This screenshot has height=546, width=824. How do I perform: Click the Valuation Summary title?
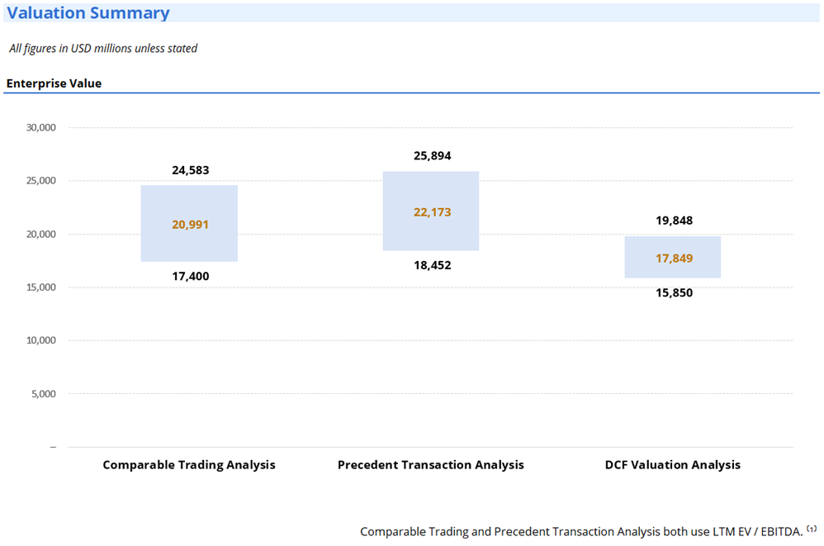[x=89, y=13]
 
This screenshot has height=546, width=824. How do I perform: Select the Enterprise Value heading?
[x=54, y=83]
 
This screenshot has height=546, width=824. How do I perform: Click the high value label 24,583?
[x=191, y=171]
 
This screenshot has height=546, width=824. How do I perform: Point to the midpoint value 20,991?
[x=191, y=225]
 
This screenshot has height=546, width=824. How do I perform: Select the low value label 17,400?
[x=191, y=277]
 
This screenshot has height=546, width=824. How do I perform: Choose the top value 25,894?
[x=433, y=156]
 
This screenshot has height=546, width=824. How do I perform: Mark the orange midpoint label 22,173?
[x=433, y=212]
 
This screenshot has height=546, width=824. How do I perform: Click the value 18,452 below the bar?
[x=433, y=265]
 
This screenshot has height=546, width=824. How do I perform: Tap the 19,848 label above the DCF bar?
[x=674, y=221]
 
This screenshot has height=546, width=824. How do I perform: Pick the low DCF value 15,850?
[x=674, y=293]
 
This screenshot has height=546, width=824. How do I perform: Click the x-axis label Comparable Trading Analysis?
[x=189, y=465]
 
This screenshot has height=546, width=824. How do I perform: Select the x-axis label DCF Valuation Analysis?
[x=673, y=465]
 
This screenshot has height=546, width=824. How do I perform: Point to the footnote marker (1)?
[x=812, y=529]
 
